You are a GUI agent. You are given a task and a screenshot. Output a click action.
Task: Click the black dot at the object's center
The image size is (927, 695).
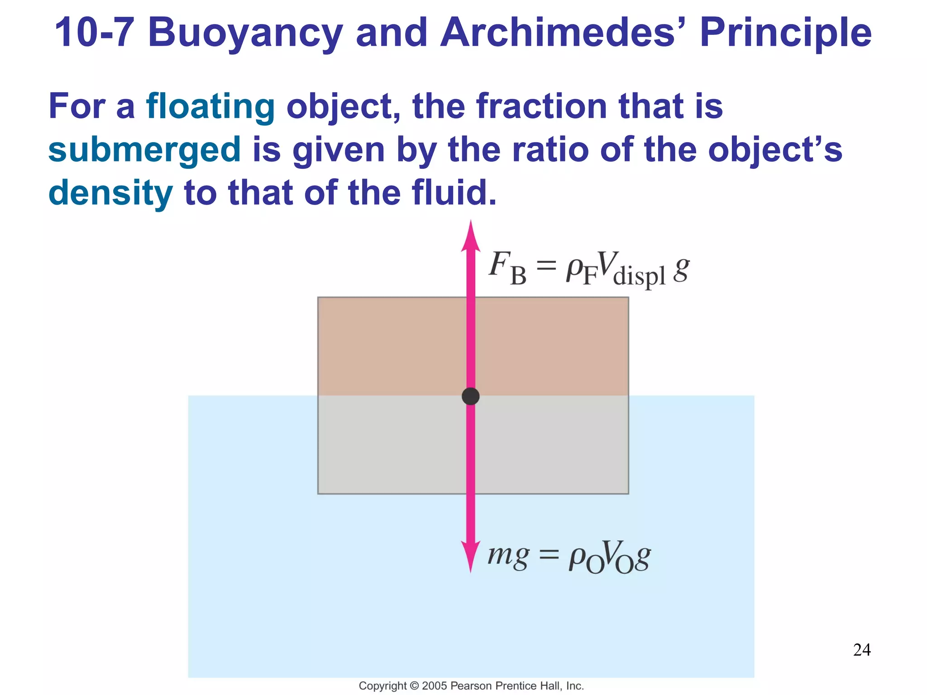pos(471,396)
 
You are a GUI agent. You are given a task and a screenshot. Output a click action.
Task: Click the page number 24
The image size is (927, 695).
pos(862,650)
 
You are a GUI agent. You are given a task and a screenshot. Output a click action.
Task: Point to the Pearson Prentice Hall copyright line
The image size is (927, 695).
pos(471,686)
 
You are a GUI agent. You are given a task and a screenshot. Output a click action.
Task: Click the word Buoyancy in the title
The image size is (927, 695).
pos(245,33)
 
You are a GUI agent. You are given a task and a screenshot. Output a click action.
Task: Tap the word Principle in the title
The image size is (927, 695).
pos(785,32)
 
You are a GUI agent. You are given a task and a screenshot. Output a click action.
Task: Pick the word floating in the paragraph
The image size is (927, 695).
pos(210,107)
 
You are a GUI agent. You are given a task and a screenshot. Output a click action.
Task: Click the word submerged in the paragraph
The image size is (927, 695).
pos(144,150)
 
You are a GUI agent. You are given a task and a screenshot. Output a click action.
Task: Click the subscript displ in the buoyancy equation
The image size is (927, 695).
pos(639,276)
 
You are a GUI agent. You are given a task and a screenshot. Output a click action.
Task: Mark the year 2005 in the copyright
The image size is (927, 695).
pos(435,686)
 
